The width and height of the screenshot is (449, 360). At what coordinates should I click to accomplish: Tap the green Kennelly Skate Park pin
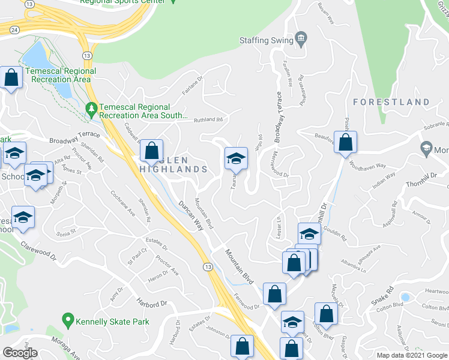tap(68, 322)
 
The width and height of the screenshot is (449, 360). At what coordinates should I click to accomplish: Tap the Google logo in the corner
tap(20, 353)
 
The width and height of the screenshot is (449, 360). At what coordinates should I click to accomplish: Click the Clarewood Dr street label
tap(38, 251)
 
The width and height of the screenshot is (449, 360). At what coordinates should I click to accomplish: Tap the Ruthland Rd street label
tap(208, 119)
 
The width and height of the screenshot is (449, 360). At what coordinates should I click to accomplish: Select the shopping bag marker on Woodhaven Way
tap(345, 143)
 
